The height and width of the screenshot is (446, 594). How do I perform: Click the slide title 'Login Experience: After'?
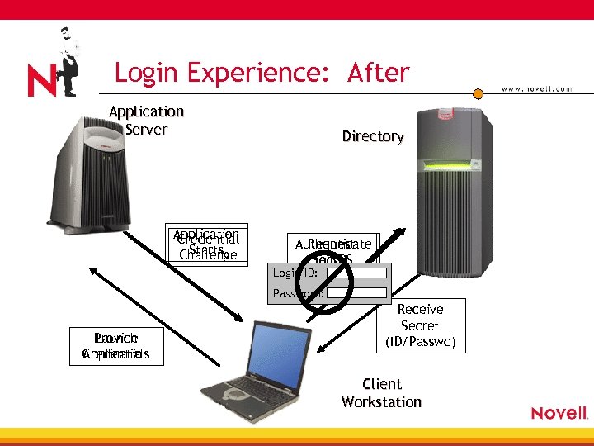(262, 73)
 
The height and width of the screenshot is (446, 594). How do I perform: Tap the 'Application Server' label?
(146, 120)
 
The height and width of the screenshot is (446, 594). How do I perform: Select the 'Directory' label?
(373, 136)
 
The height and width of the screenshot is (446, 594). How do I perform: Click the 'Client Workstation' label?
(381, 393)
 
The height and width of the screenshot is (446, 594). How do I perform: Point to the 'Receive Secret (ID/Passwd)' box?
(421, 325)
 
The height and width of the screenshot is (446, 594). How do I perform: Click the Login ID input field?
(356, 273)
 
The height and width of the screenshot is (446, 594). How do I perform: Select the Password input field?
(356, 292)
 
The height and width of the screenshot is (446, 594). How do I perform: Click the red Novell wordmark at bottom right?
(559, 413)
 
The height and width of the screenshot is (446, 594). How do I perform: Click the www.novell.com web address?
(536, 89)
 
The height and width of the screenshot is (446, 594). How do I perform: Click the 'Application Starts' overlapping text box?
(207, 244)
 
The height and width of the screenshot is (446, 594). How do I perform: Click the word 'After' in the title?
(379, 73)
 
